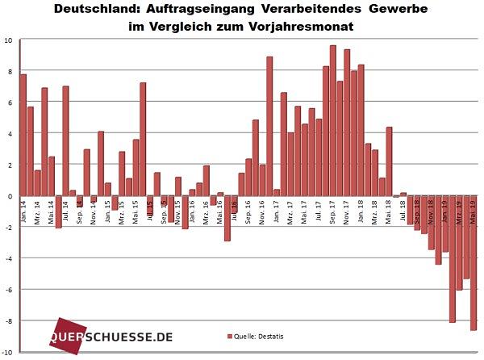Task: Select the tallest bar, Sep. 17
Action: pyautogui.click(x=332, y=120)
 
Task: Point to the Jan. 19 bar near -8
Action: pyautogui.click(x=453, y=259)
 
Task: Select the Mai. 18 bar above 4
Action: pyautogui.click(x=389, y=161)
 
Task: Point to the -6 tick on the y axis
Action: pyautogui.click(x=7, y=289)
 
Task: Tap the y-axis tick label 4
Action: pyautogui.click(x=9, y=134)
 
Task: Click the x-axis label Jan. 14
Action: pyautogui.click(x=23, y=211)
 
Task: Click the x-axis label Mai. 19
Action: pyautogui.click(x=474, y=211)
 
